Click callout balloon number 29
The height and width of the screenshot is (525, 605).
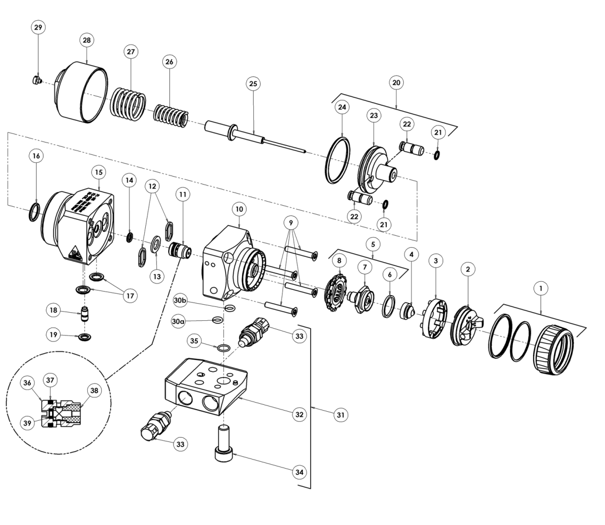(39, 28)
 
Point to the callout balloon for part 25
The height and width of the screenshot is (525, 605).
(253, 84)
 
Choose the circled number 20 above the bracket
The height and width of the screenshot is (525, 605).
(396, 82)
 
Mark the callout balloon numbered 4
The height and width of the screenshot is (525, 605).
(411, 255)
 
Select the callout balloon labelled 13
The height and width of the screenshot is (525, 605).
(156, 276)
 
